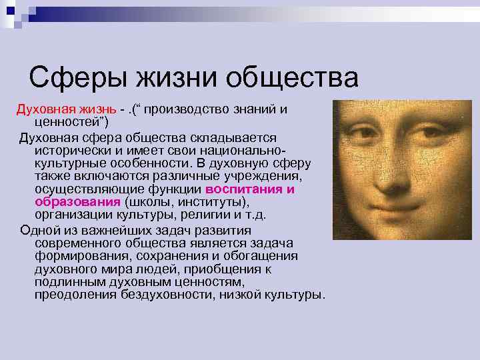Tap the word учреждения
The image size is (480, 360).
(x=265, y=176)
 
